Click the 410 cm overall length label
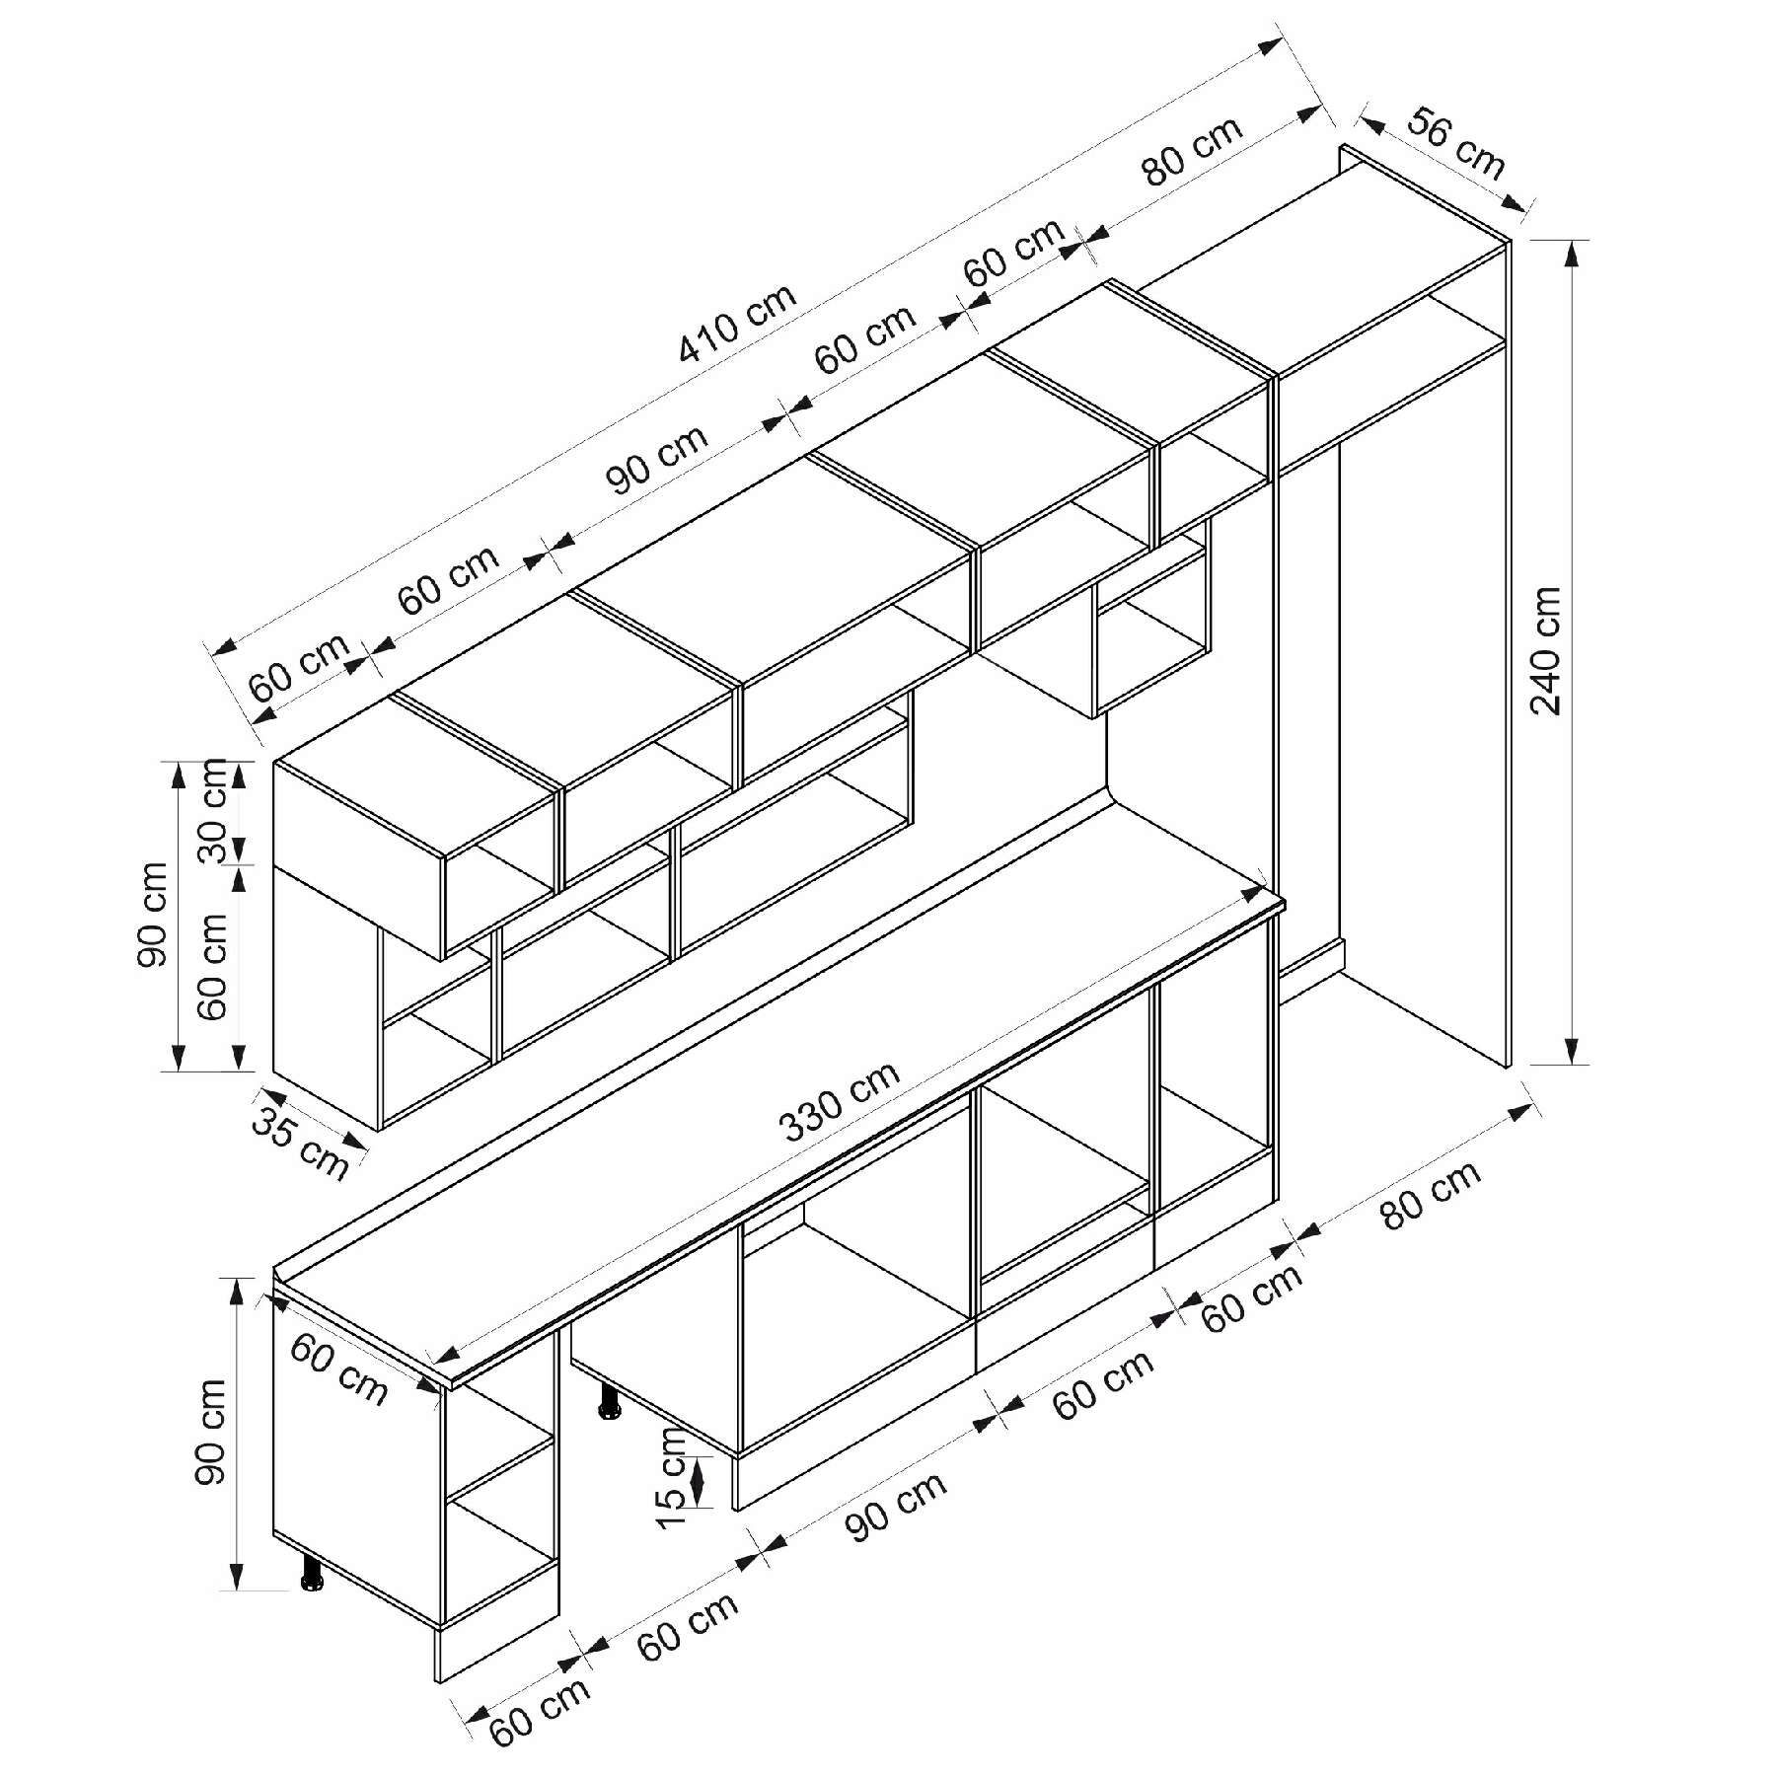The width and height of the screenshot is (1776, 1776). (737, 324)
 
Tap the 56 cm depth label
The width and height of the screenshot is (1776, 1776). (1456, 145)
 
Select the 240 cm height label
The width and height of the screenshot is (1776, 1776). (1545, 651)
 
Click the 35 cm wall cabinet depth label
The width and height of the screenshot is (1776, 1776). (300, 1143)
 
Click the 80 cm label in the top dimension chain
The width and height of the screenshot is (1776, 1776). (1193, 152)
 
